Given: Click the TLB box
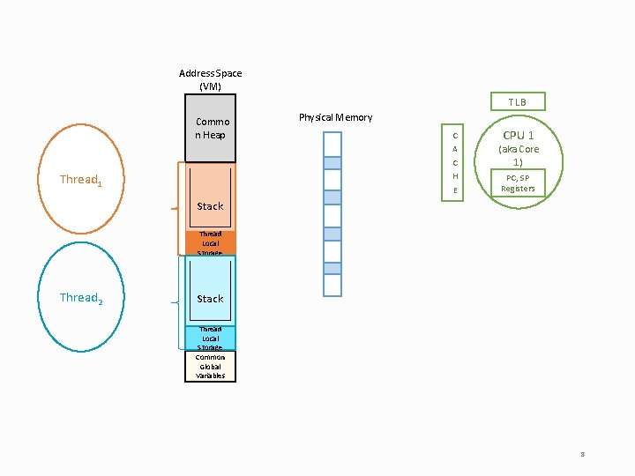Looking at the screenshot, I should click(517, 102).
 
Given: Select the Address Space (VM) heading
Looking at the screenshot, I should click(210, 79).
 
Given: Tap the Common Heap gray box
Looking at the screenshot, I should click(211, 129).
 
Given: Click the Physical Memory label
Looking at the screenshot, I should click(335, 117).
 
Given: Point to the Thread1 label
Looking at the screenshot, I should click(80, 180).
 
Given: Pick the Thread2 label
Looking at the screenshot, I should click(80, 298).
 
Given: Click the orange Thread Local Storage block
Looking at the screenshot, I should click(210, 243).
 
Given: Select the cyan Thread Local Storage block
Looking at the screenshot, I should click(210, 338).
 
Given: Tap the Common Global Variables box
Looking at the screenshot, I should click(210, 366).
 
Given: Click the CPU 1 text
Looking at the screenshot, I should click(518, 135).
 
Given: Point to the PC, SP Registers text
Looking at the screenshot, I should click(518, 182).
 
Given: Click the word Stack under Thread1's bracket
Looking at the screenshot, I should click(210, 206).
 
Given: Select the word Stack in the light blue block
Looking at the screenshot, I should click(210, 299).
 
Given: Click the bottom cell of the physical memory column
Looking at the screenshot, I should click(332, 286).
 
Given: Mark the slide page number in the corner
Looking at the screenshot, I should click(582, 454).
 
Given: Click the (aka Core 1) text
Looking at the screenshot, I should click(518, 156).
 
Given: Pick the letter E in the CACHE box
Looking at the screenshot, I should click(454, 190).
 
